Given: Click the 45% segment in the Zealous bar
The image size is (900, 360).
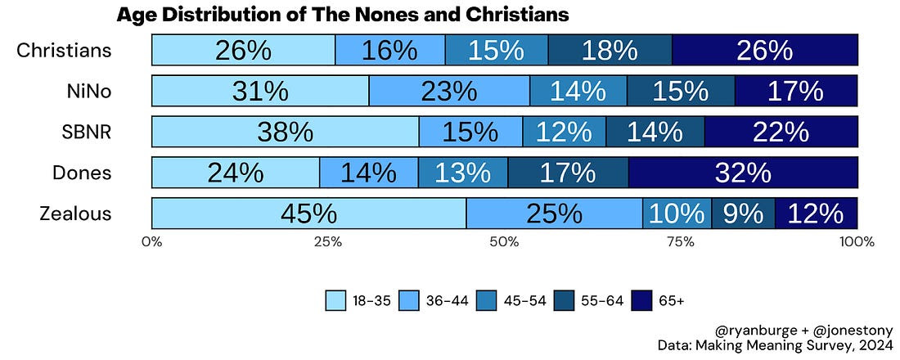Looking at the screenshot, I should point(308,214).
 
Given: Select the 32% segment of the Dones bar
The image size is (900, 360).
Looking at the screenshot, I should point(743,173).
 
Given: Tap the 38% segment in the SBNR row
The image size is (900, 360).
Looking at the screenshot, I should point(286,132).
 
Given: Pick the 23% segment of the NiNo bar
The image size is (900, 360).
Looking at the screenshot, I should point(449,91).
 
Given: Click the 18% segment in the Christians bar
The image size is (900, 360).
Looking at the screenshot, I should point(610,50).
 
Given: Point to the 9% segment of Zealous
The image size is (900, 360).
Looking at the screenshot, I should point(743,214).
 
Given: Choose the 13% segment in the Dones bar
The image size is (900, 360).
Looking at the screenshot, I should point(462,173).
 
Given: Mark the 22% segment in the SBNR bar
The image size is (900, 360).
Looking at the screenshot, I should point(781,132).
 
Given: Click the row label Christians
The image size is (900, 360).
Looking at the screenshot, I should point(64,51).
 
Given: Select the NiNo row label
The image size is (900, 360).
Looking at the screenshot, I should point(90,92).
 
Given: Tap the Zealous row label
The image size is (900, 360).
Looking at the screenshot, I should point(75,214).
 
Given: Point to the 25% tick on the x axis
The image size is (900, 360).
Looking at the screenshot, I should point(328,242).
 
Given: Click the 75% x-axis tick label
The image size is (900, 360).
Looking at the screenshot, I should point(681,242).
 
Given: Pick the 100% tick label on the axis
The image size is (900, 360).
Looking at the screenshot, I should point(856,242).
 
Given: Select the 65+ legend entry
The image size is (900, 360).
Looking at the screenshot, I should point(671,300).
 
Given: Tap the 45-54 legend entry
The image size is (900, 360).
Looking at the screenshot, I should point(524,300).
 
